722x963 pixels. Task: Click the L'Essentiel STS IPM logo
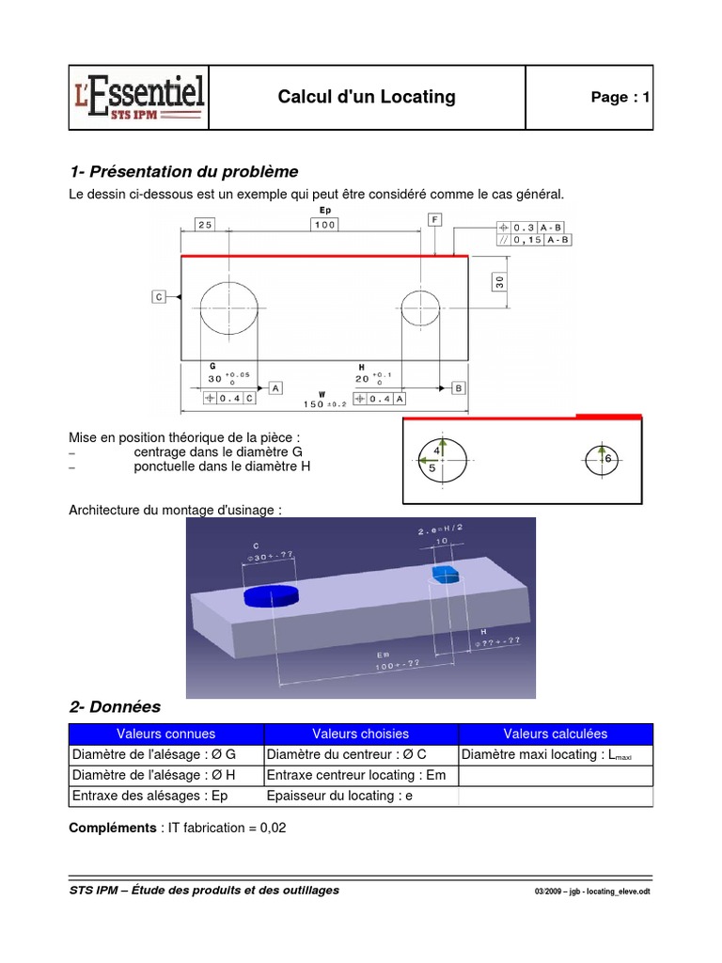point(138,98)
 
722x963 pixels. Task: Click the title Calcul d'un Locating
point(367,97)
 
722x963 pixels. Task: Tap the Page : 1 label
point(620,98)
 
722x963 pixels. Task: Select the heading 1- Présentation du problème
point(183,172)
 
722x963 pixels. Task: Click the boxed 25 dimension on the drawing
point(206,224)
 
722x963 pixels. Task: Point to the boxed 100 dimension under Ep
point(325,225)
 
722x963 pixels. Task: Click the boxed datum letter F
point(434,219)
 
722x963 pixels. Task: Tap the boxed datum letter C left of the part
point(159,297)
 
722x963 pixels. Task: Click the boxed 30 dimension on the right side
point(500,281)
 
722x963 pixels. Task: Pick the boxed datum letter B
point(458,387)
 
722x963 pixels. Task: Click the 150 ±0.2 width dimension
point(322,403)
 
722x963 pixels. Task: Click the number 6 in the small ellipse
point(608,458)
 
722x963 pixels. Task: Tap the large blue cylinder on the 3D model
point(271,596)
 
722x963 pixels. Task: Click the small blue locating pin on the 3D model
point(444,573)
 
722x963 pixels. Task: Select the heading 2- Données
point(115,706)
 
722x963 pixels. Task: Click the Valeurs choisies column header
point(361,734)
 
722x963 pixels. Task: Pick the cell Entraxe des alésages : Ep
point(149,796)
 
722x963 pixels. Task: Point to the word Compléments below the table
point(112,828)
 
